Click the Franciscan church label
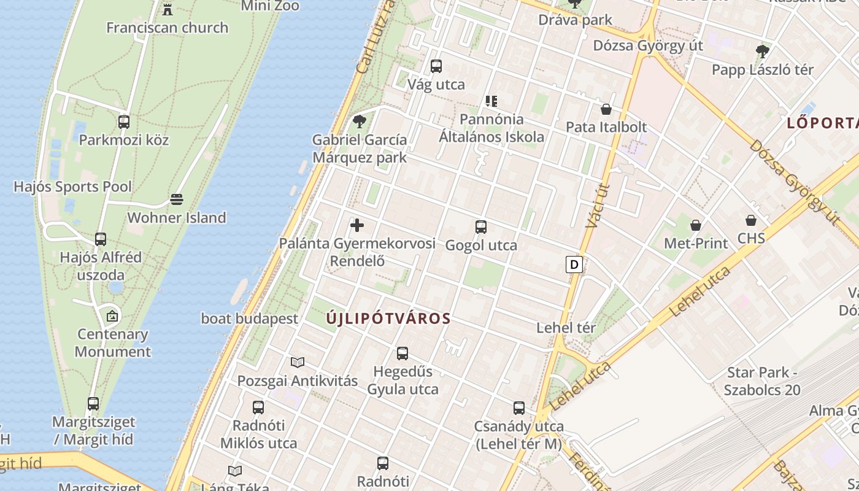click(167, 28)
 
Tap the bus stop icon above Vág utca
click(436, 66)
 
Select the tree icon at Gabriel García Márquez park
click(360, 121)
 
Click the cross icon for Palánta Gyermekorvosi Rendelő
click(357, 225)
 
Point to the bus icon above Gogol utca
click(481, 227)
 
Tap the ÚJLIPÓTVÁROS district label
click(388, 319)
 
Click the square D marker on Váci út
click(574, 265)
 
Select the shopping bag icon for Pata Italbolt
click(606, 109)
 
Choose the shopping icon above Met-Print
click(696, 225)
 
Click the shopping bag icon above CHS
click(751, 220)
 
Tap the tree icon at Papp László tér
click(763, 51)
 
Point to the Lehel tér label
click(566, 328)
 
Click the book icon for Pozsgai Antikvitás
click(298, 363)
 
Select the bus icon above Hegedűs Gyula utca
click(403, 354)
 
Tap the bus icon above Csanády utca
click(519, 408)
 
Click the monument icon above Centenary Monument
click(112, 316)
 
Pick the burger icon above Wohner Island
click(177, 199)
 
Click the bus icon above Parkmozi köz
click(124, 122)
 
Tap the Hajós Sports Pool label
click(72, 187)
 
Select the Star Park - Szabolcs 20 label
click(762, 381)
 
